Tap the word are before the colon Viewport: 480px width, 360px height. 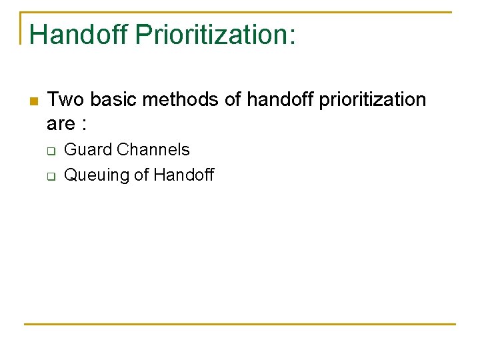tap(61, 124)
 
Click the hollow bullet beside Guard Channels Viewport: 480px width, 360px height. tap(50, 151)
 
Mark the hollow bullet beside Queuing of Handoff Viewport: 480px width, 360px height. tap(50, 177)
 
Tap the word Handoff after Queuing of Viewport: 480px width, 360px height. tap(184, 175)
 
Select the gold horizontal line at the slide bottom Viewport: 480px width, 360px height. tap(240, 325)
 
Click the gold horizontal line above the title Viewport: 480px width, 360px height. tap(240, 12)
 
